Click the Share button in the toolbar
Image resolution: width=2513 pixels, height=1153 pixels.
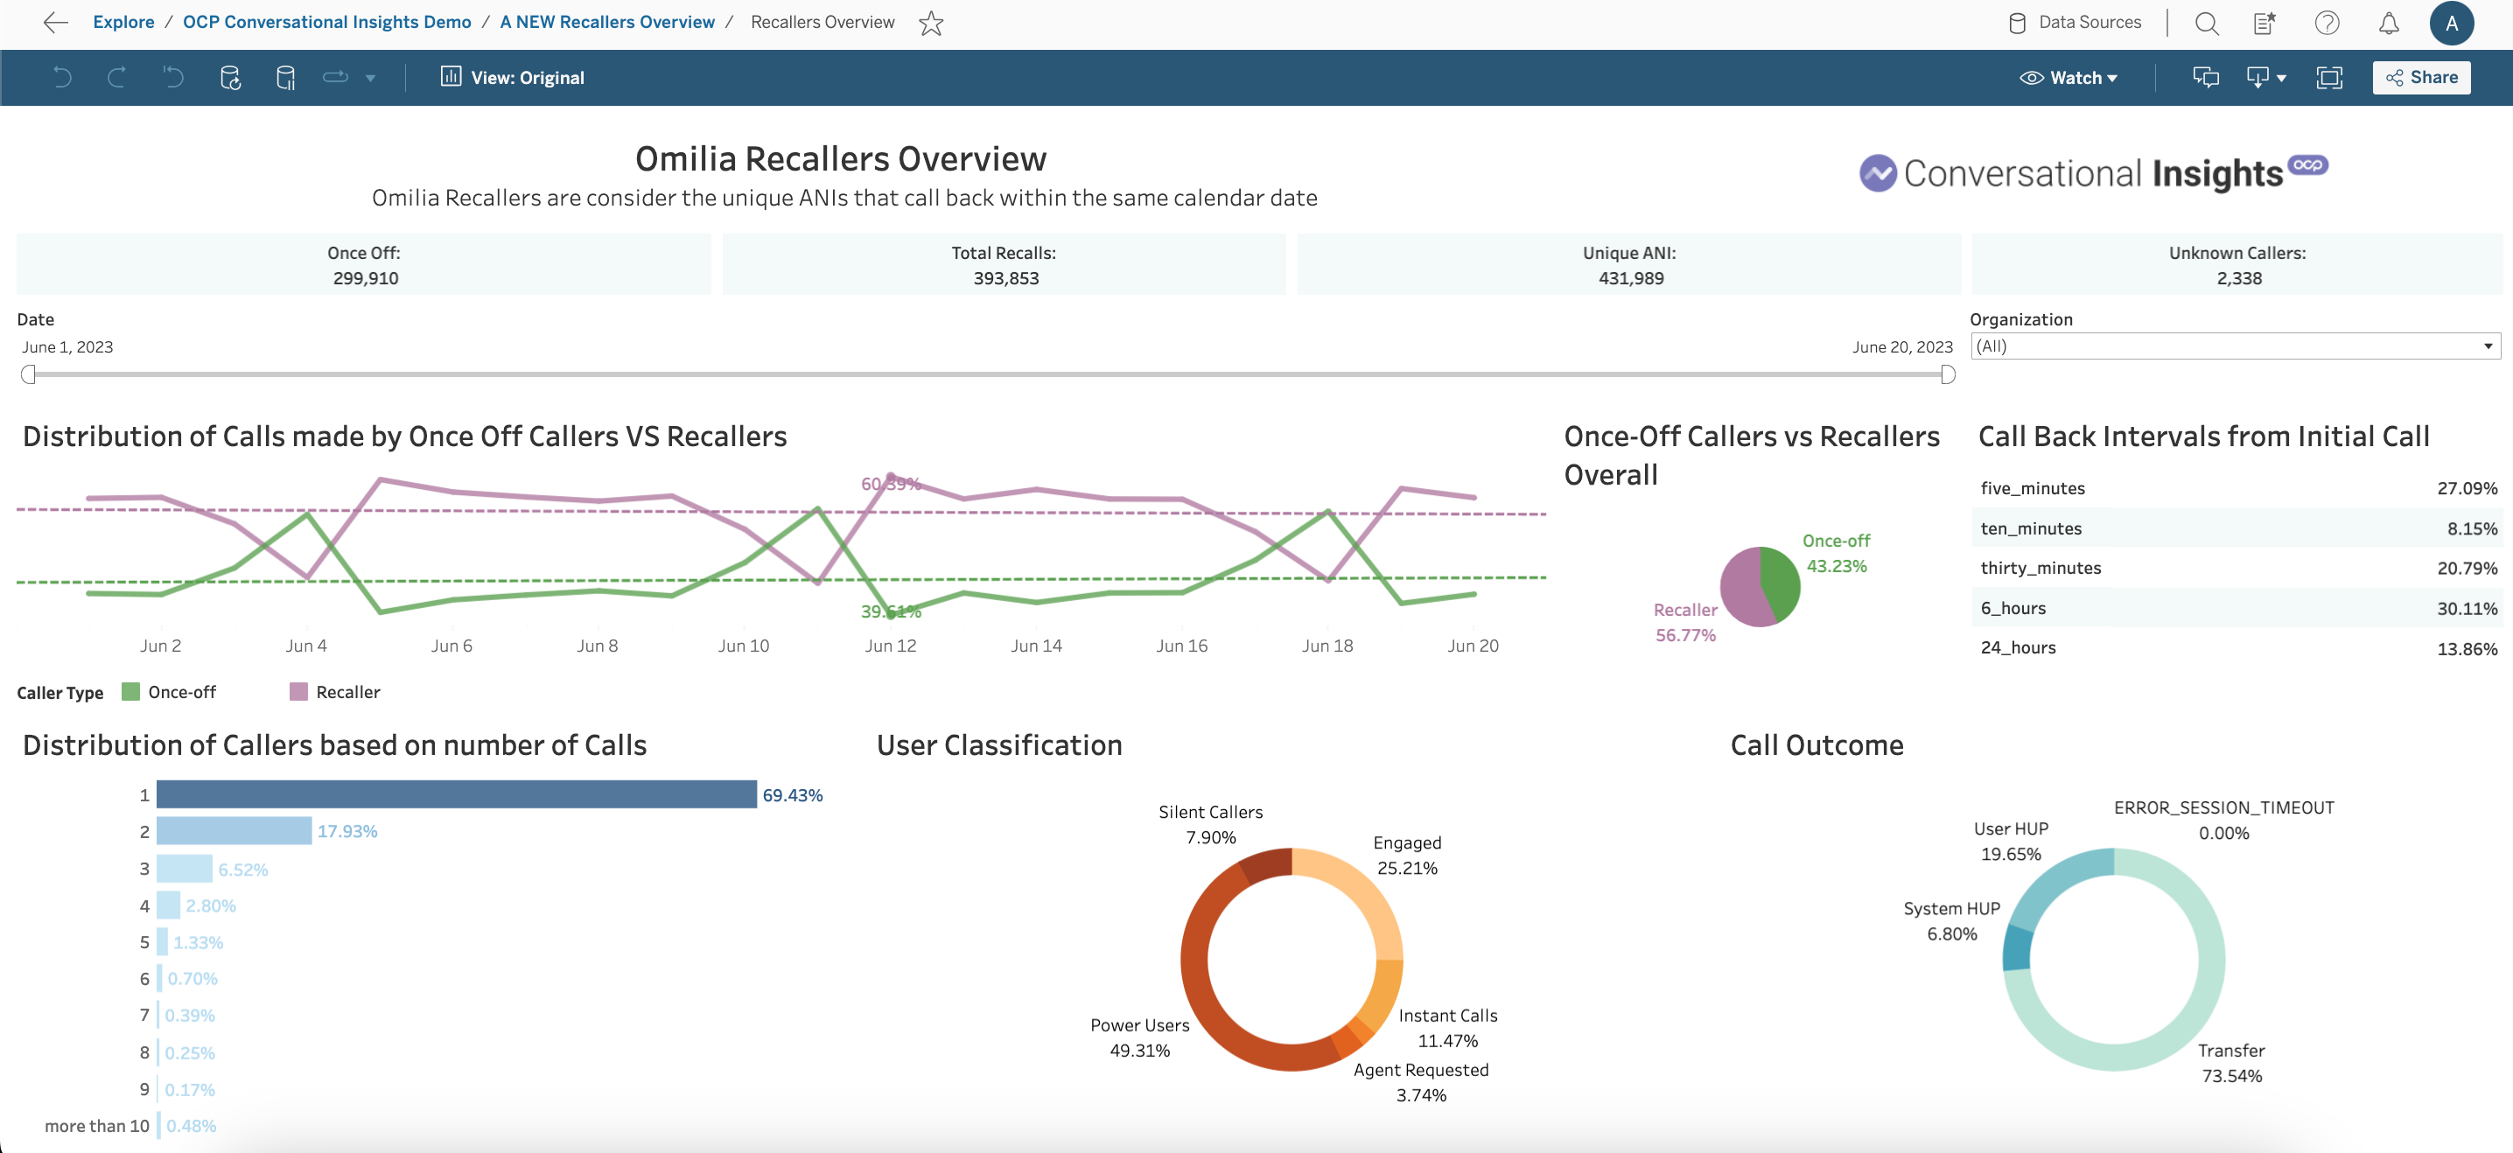(2421, 78)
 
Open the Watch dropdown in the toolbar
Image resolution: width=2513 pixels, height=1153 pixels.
(2068, 78)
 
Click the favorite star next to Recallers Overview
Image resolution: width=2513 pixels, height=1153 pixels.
(932, 24)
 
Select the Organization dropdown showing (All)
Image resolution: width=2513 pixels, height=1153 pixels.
(2234, 346)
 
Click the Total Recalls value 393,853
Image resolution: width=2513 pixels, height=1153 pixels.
(1004, 278)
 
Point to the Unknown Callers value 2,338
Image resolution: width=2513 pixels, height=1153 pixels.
(2239, 278)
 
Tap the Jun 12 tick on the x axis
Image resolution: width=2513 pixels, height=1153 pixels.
(890, 646)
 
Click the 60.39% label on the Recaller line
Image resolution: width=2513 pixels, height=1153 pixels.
(890, 484)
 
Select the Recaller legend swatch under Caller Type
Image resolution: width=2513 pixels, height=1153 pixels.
(298, 692)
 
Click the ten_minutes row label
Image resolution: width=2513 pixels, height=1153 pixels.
(2031, 528)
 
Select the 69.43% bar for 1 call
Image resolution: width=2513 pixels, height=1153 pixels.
(456, 794)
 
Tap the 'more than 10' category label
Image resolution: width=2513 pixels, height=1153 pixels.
(96, 1126)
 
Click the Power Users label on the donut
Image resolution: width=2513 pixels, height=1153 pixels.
(1139, 1025)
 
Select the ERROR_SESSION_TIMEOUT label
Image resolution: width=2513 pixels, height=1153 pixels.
(2223, 807)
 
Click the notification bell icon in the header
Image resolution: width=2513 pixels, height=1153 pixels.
(2388, 24)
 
